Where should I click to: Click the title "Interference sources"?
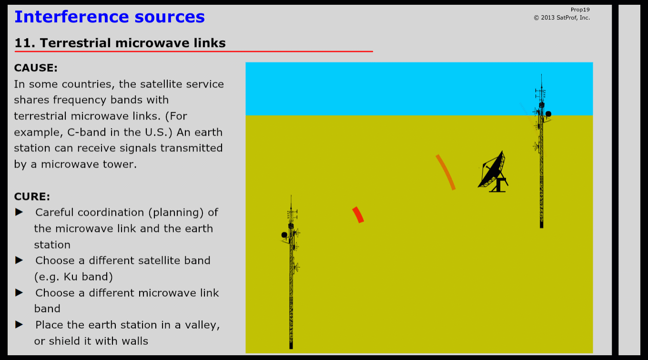point(110,17)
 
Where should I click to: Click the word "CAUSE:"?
point(36,68)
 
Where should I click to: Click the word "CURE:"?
point(32,197)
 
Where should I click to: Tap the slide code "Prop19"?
point(580,10)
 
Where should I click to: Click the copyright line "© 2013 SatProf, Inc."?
point(562,18)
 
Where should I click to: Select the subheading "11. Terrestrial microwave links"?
point(120,43)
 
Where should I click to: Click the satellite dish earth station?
point(493,172)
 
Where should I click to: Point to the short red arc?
point(358,215)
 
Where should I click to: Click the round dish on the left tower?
point(284,235)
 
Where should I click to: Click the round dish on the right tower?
point(548,114)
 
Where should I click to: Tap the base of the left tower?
point(291,346)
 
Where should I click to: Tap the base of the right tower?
point(542,225)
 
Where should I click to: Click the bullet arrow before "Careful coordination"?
point(19,212)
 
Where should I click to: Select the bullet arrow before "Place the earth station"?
point(19,325)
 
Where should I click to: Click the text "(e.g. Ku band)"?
point(73,277)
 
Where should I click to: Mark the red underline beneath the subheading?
point(194,51)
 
